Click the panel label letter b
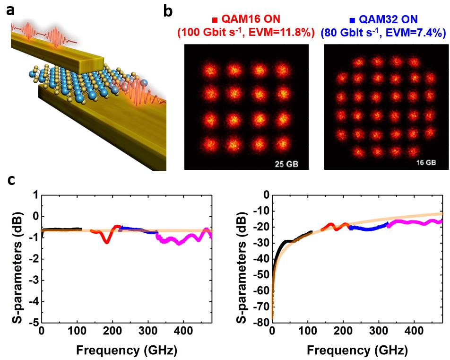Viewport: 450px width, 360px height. [167, 10]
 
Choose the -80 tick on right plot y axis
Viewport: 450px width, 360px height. [260, 323]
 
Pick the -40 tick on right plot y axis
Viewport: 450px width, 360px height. [260, 259]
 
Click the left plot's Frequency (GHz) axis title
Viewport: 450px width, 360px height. [125, 351]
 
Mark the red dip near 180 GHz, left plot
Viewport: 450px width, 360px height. [107, 241]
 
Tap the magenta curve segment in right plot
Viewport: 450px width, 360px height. [416, 221]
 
